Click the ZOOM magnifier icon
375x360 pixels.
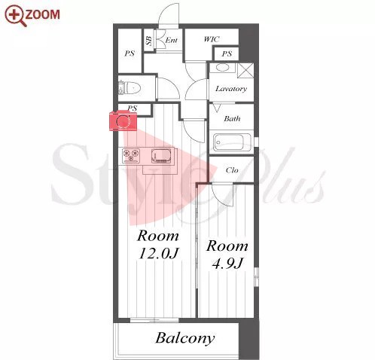pos(16,16)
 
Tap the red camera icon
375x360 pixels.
pos(123,121)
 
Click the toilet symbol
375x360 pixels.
pos(130,88)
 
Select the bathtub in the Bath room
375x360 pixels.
pos(232,142)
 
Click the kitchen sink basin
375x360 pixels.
pos(161,156)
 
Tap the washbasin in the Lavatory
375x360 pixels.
pos(222,68)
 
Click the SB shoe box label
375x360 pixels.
pos(149,41)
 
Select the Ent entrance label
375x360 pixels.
pos(172,40)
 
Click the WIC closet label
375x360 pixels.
pos(212,39)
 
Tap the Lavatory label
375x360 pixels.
pos(231,89)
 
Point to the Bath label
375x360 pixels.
pos(232,118)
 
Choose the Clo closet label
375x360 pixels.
pos(232,170)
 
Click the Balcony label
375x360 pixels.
pos(185,338)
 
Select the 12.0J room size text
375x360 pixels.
pos(159,253)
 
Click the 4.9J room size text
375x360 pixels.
pos(227,264)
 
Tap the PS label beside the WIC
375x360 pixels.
pos(227,53)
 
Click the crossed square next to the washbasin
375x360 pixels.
pos(245,71)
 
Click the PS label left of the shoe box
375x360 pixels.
pos(130,53)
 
